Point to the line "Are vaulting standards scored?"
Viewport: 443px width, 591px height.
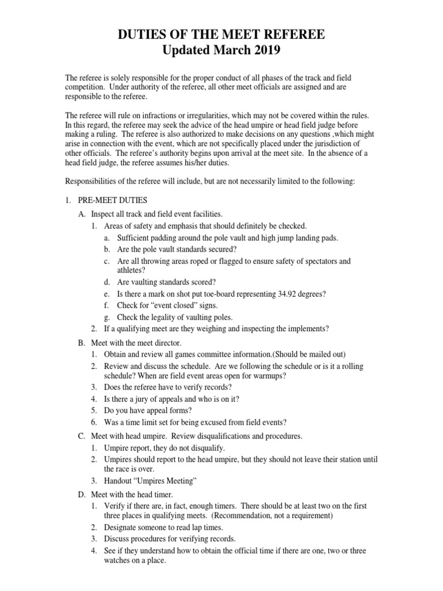[167, 282]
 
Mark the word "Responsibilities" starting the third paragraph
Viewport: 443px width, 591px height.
[92, 181]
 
